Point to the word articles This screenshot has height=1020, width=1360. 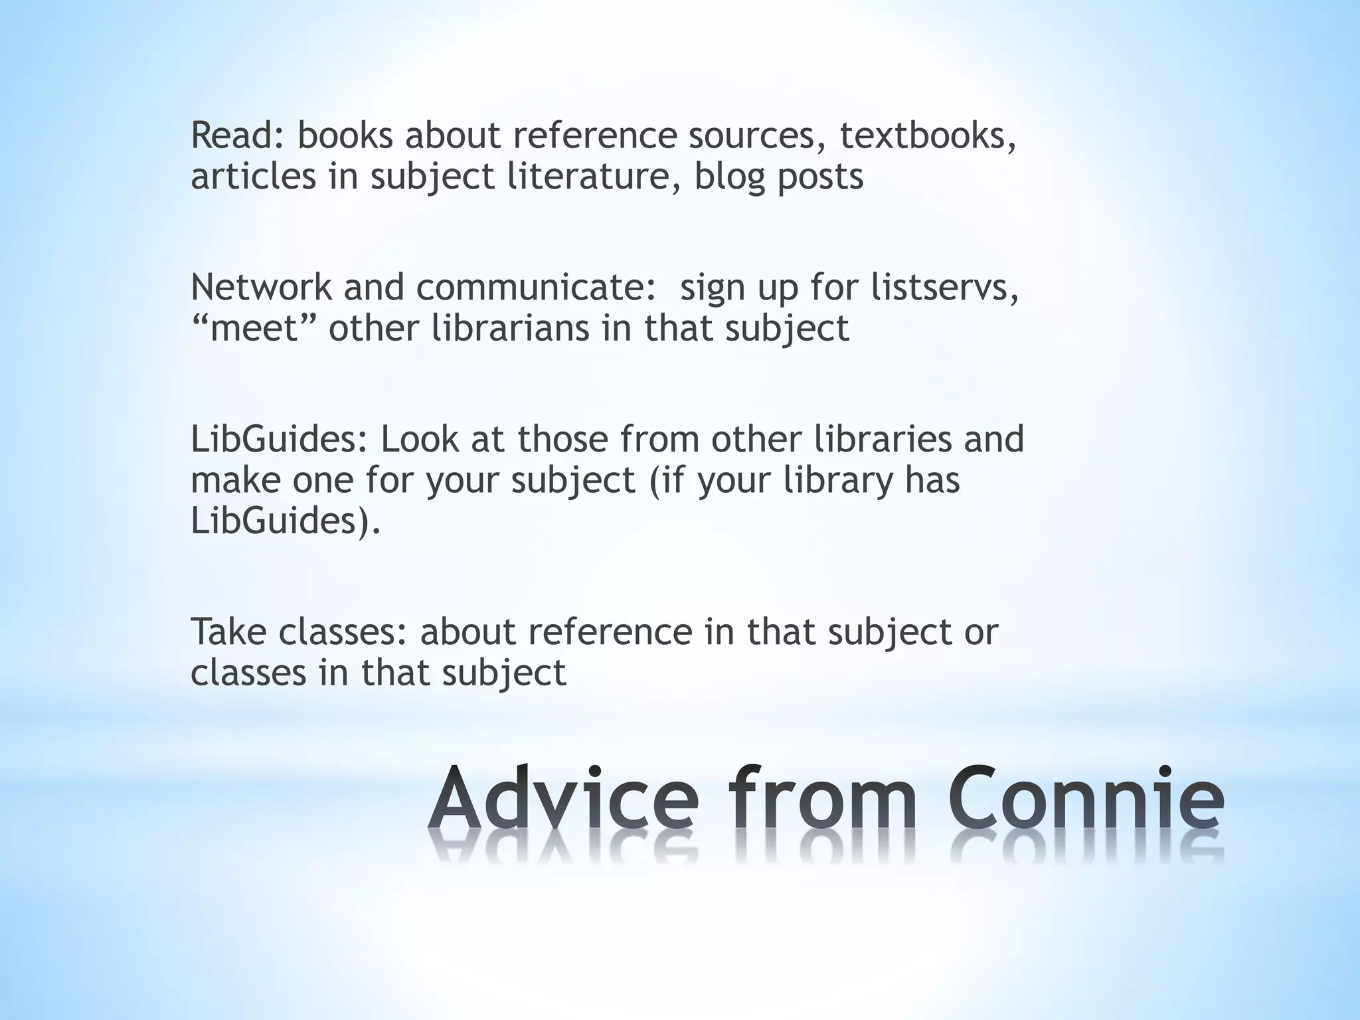coord(253,177)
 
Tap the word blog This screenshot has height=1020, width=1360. coord(729,178)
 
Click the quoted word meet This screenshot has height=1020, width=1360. coord(255,328)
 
